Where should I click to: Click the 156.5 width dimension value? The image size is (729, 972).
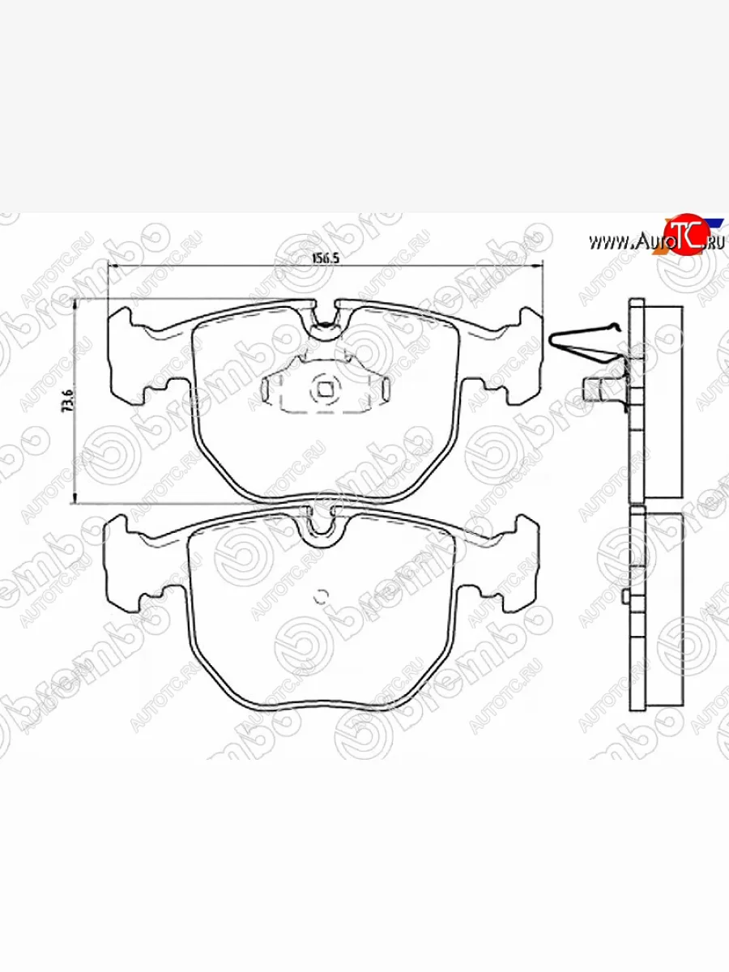(324, 258)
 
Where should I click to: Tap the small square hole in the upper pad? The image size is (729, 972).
(325, 390)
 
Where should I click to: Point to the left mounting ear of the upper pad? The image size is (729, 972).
(128, 356)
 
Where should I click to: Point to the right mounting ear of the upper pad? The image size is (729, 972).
(522, 356)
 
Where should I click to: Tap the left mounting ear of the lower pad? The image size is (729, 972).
(126, 563)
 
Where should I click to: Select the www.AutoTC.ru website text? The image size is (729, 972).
(648, 241)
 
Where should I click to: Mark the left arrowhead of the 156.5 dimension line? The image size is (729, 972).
(113, 267)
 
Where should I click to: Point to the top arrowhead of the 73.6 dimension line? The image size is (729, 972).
(75, 304)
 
